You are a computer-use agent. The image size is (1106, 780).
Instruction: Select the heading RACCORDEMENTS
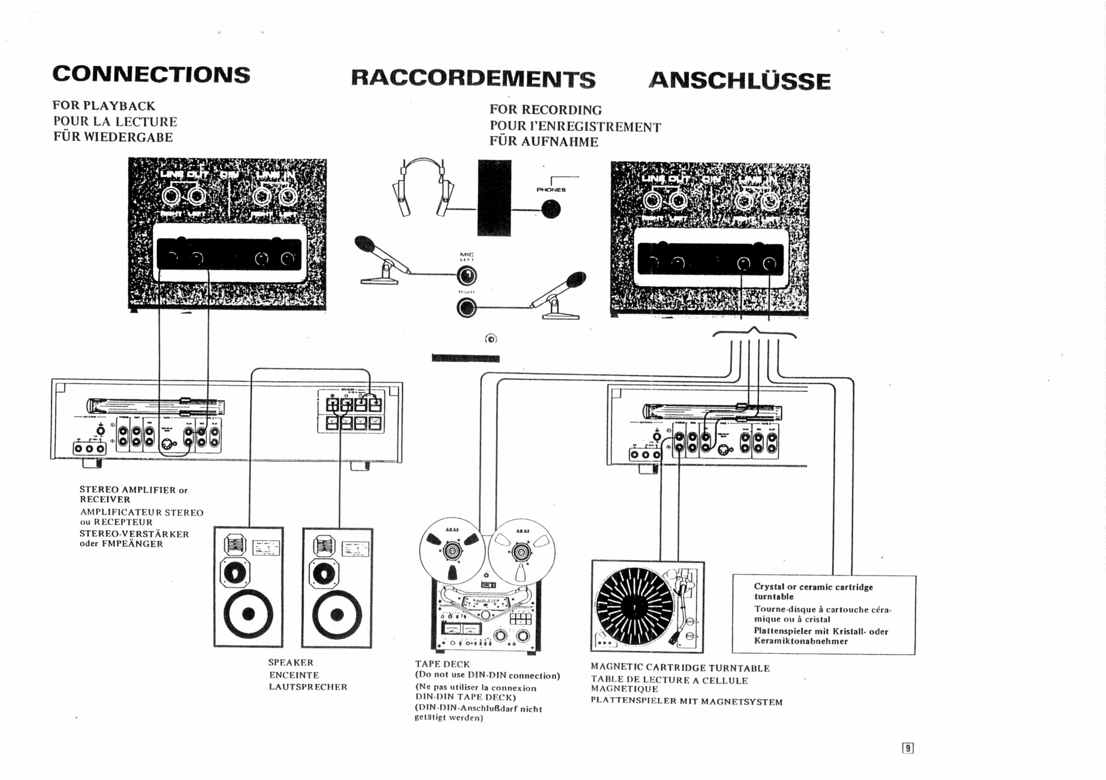pyautogui.click(x=473, y=79)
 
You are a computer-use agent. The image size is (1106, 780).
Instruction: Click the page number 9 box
pyautogui.click(x=908, y=748)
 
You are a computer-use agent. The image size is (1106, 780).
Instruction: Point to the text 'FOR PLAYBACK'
pyautogui.click(x=104, y=106)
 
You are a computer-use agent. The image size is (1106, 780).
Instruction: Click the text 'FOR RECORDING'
pyautogui.click(x=545, y=110)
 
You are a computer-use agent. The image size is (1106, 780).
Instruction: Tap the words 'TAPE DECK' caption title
pyautogui.click(x=442, y=664)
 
